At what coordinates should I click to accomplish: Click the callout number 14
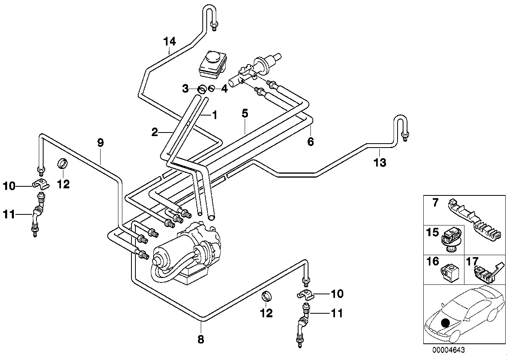(x=169, y=41)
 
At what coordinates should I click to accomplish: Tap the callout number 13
(x=380, y=163)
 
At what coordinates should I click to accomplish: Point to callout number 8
(x=201, y=339)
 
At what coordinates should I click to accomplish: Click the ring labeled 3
(x=202, y=89)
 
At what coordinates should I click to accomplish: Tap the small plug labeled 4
(x=211, y=88)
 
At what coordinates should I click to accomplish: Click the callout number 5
(x=245, y=114)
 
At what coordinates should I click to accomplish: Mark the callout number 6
(x=310, y=141)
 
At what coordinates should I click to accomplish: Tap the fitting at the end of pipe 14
(x=214, y=27)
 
